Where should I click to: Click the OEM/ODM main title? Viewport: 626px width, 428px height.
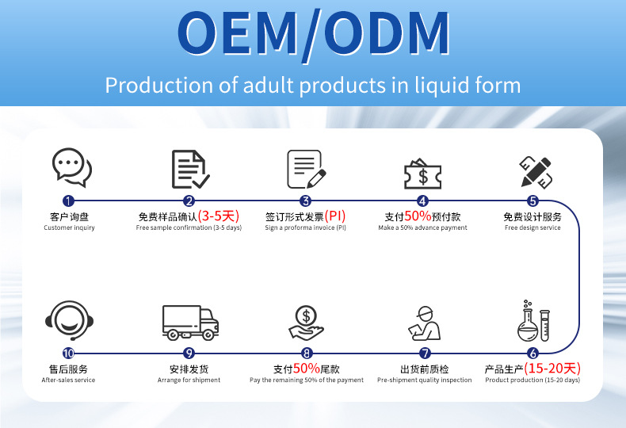(x=314, y=34)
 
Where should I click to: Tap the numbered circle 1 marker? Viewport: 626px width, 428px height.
(x=68, y=201)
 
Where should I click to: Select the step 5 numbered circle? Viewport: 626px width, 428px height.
(x=532, y=201)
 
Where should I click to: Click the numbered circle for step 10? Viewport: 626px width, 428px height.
(x=68, y=353)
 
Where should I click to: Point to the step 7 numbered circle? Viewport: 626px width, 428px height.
(x=425, y=353)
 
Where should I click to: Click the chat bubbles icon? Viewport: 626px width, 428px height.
(x=72, y=167)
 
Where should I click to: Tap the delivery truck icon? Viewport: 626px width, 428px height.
(x=190, y=323)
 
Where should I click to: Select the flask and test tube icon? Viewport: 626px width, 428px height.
(x=534, y=322)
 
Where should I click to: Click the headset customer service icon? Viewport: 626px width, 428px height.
(x=70, y=320)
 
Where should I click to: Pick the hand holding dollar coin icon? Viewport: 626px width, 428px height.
(x=306, y=323)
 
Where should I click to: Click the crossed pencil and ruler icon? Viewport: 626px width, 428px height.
(x=536, y=172)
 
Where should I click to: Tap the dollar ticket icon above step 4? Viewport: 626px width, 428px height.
(x=423, y=174)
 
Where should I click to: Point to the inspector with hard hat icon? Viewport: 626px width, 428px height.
(x=424, y=323)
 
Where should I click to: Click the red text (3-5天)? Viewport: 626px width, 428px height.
(x=219, y=216)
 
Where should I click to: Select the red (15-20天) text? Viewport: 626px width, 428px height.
(x=552, y=368)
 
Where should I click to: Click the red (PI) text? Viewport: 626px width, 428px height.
(x=335, y=216)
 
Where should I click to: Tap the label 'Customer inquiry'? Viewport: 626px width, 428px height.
(x=69, y=227)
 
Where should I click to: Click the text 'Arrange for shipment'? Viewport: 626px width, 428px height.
(x=189, y=380)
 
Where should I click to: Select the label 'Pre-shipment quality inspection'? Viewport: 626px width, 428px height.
(x=425, y=380)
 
